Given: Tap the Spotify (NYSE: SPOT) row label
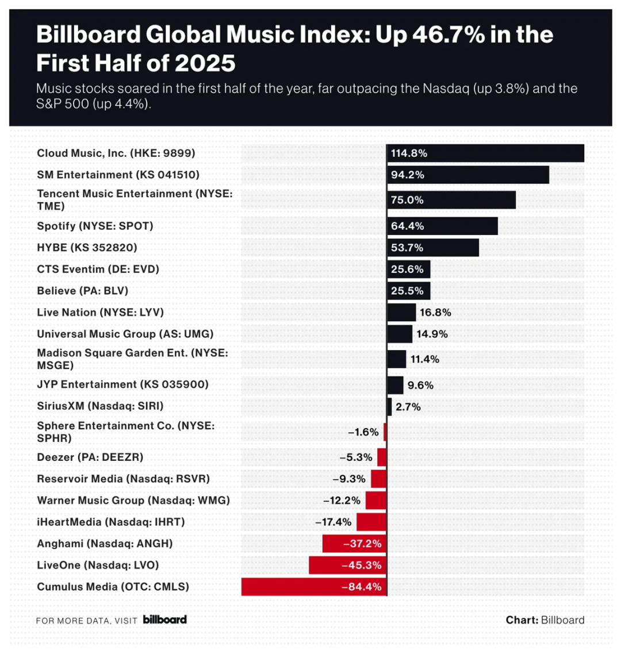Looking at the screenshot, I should pyautogui.click(x=95, y=226).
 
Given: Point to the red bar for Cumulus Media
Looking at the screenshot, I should pyautogui.click(x=313, y=587).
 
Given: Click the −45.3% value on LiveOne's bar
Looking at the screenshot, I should pyautogui.click(x=361, y=565).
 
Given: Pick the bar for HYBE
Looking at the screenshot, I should pyautogui.click(x=432, y=248).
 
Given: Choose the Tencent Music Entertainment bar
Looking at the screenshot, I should pyautogui.click(x=451, y=200).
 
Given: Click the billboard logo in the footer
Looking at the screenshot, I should pyautogui.click(x=164, y=620).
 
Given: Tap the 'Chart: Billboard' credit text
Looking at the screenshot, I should pyautogui.click(x=545, y=620).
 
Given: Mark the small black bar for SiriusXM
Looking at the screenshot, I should pyautogui.click(x=389, y=407).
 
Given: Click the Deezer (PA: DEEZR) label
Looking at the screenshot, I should pyautogui.click(x=90, y=457).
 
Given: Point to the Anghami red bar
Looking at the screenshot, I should pyautogui.click(x=354, y=543).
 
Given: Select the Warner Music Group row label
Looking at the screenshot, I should pyautogui.click(x=133, y=500).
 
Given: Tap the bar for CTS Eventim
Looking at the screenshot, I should pyautogui.click(x=408, y=269).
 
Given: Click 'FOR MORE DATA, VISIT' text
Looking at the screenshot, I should pyautogui.click(x=86, y=621).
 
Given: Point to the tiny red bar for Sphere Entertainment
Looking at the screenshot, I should pyautogui.click(x=385, y=432).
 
